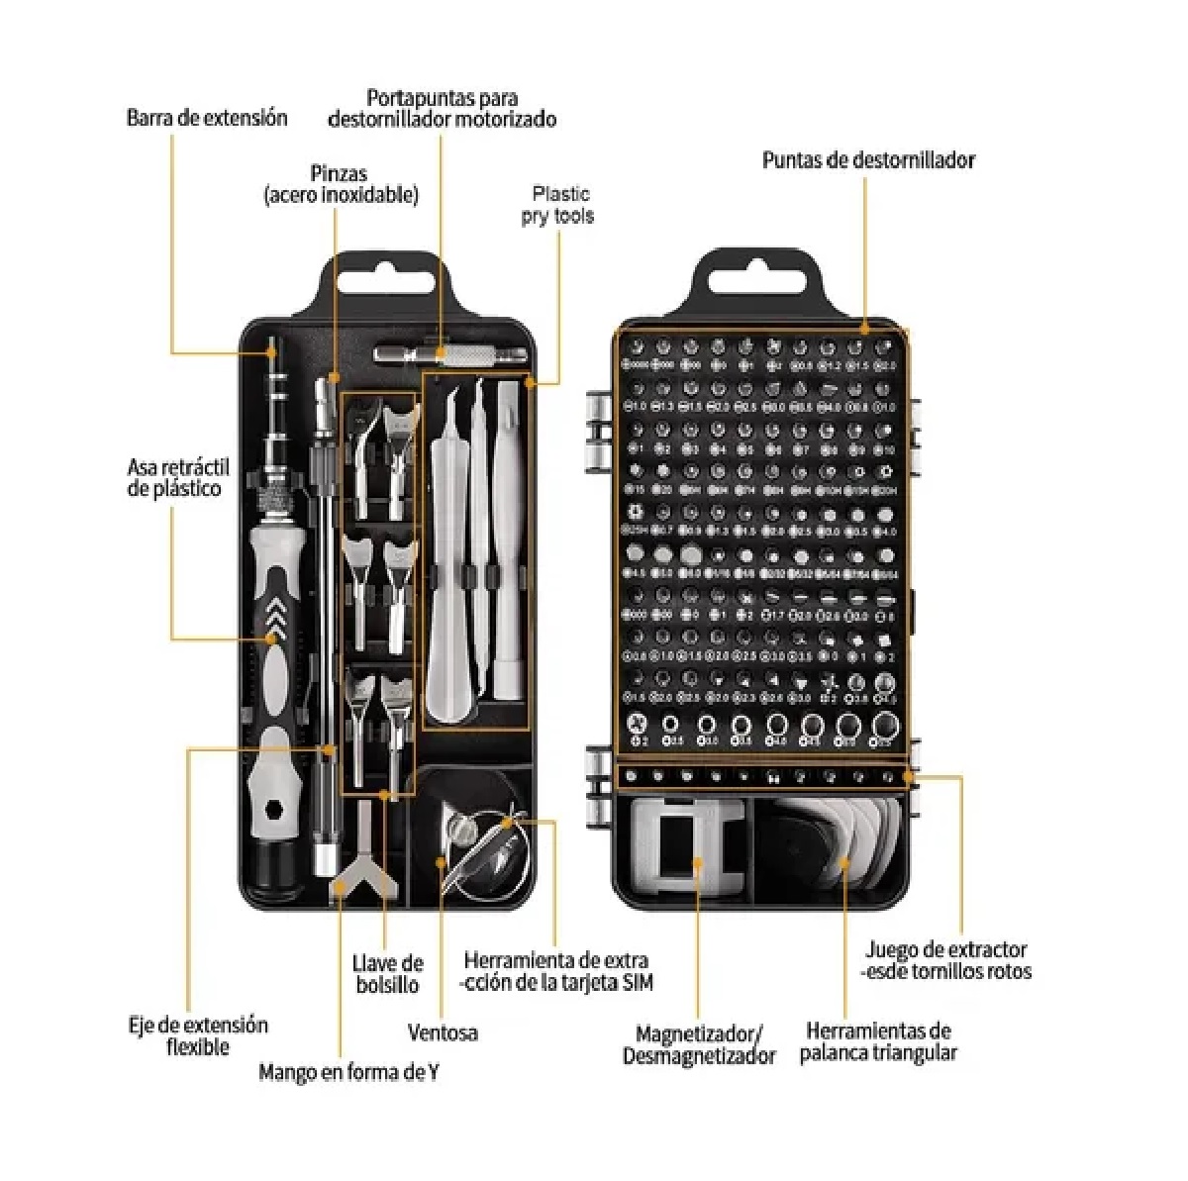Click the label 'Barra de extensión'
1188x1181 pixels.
207,118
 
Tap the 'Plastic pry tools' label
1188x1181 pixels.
558,205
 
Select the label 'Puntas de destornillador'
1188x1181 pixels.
868,160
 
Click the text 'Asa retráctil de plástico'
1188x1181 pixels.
177,477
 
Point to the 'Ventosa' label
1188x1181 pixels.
443,1033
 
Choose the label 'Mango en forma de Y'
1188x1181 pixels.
348,1072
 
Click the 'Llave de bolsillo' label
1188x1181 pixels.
387,974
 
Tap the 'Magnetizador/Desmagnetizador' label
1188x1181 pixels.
699,1045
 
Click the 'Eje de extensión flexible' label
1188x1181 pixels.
198,1035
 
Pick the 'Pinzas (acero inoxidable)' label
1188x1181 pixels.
341,185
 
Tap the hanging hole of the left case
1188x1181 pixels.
386,278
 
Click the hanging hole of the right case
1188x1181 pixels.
760,279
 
